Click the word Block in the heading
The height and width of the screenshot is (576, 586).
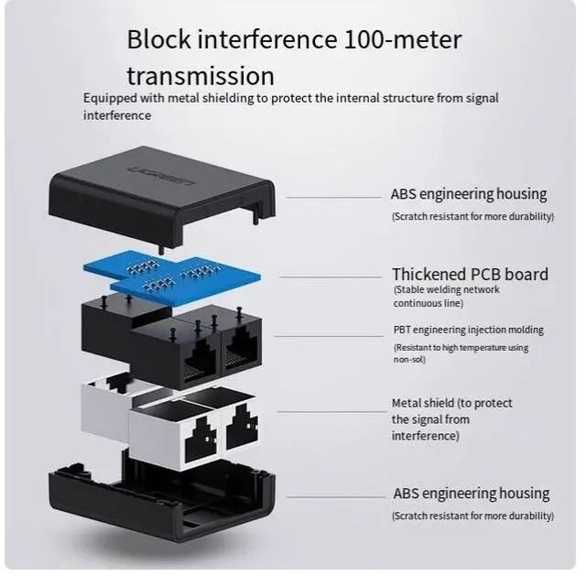click(x=157, y=40)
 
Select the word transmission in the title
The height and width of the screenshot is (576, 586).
click(x=201, y=75)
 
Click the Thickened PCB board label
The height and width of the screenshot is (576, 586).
click(x=470, y=274)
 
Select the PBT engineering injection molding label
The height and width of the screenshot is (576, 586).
click(x=468, y=330)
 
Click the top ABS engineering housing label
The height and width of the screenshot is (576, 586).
click(x=468, y=194)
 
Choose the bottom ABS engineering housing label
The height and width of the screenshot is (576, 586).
click(x=471, y=494)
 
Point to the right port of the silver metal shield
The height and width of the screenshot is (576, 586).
click(x=240, y=429)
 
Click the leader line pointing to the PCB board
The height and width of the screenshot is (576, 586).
click(x=330, y=276)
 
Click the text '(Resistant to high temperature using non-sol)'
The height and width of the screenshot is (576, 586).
click(x=461, y=353)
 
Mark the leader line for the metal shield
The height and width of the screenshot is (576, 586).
click(x=330, y=412)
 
